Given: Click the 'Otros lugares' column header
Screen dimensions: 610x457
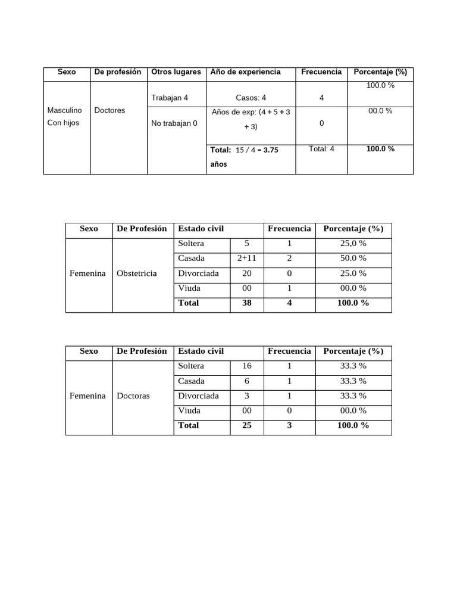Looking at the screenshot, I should coord(176,72).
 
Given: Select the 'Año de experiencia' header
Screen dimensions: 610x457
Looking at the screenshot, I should coord(245,72).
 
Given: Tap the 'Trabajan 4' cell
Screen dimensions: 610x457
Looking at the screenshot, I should coord(170,98).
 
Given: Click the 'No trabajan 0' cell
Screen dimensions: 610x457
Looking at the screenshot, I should coord(175,123).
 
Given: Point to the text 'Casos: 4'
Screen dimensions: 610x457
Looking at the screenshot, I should coord(251,98).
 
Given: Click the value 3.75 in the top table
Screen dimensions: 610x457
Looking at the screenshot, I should coord(271,150).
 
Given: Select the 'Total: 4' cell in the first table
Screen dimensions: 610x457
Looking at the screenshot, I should coord(321,149).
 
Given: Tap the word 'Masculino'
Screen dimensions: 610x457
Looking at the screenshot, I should coord(64,110).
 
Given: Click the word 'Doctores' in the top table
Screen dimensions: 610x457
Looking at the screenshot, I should coord(110,110).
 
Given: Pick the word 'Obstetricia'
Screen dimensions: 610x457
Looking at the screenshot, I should coord(137,273).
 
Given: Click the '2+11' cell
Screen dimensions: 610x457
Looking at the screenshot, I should coord(246,259).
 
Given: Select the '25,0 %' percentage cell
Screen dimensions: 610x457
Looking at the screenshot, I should coord(353,244).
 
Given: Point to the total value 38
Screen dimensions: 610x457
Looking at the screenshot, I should coord(246,303).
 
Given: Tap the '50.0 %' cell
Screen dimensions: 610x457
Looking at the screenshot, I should coord(353,259).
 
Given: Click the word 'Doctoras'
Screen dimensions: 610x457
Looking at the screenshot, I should coord(133,396).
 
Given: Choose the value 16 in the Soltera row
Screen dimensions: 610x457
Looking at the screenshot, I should coord(247,366).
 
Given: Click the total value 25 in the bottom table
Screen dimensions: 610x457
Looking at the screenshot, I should coord(246,426).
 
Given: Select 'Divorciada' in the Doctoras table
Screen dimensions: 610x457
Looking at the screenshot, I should coord(198,396).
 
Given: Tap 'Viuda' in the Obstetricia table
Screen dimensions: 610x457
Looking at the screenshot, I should coord(189,288).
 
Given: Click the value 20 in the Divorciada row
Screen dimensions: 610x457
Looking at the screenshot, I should coord(246,273).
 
